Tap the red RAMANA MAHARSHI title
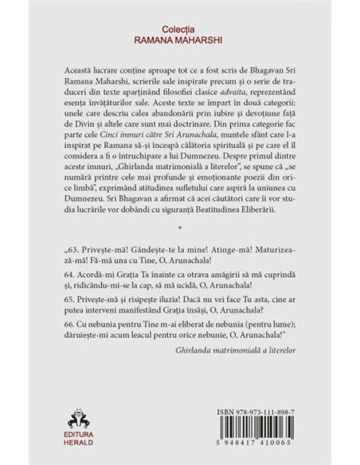click(x=179, y=36)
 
